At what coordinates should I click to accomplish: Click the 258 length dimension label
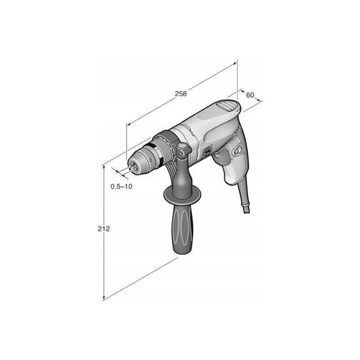tap(181, 94)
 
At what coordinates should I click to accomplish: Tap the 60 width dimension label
tap(250, 94)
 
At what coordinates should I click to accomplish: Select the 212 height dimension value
tap(104, 229)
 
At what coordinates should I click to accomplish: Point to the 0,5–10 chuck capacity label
tap(121, 186)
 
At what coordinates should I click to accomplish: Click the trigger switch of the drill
tap(221, 156)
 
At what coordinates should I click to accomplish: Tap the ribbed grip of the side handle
tap(183, 229)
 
